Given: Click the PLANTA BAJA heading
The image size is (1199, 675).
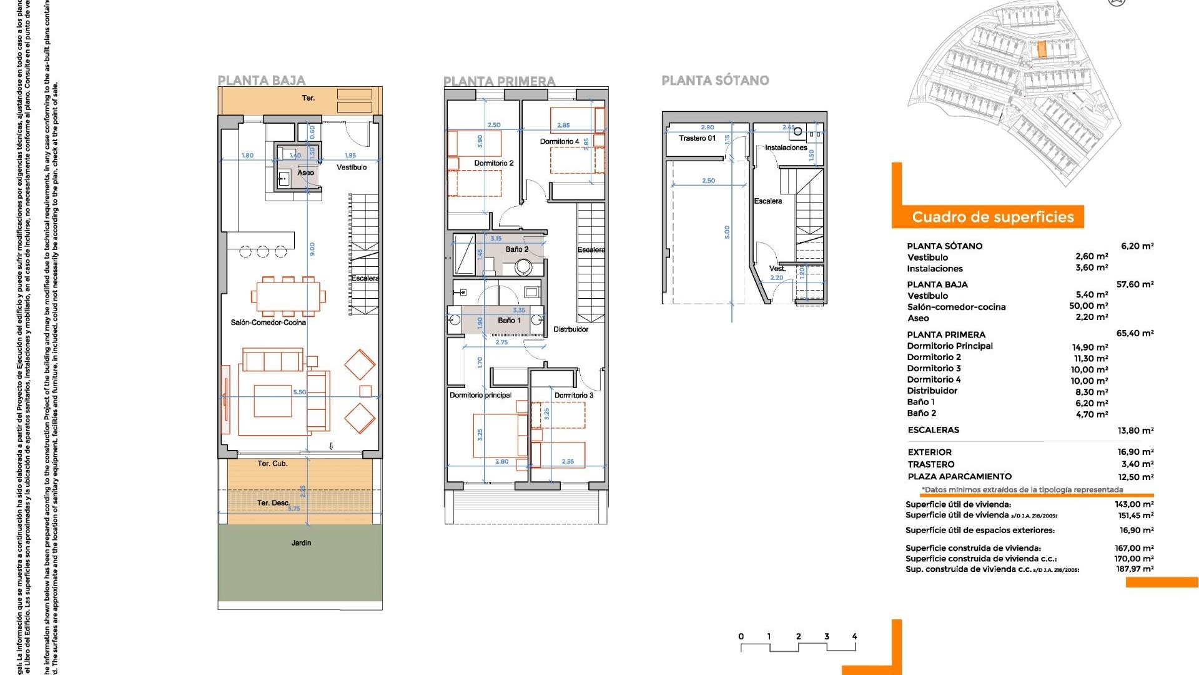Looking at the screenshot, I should tap(261, 81).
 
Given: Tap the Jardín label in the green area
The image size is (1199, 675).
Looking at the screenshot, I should tap(301, 542).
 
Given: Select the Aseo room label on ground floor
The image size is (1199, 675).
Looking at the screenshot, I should tap(305, 172).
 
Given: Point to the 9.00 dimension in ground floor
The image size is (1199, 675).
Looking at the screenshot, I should tap(312, 249).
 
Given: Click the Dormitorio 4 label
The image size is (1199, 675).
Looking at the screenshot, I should tap(559, 141).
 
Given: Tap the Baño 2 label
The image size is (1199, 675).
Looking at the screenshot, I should tap(516, 249).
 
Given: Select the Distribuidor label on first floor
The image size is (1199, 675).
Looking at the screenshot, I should tap(570, 329).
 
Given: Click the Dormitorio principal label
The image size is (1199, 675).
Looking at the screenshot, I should tap(480, 395).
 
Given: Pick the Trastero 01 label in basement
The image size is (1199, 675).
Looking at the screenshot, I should tap(697, 138).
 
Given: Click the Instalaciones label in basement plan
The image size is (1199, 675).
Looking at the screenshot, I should tap(786, 147).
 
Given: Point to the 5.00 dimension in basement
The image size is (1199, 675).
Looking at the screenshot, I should tap(727, 232).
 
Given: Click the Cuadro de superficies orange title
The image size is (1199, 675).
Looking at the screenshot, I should tap(992, 217).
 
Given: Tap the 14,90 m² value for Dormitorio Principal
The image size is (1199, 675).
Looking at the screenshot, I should tap(1090, 347).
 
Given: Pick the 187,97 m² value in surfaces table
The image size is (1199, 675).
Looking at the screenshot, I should tap(1135, 569).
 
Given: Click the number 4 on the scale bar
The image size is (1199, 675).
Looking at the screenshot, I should tap(854, 636).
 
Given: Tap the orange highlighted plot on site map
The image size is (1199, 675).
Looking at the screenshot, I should tap(1041, 50).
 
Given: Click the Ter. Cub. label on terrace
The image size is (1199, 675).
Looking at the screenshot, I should tap(272, 463).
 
